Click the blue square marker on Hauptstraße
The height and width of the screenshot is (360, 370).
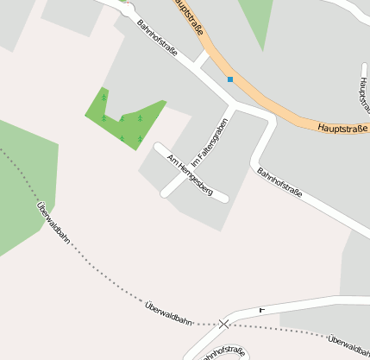point(230,79)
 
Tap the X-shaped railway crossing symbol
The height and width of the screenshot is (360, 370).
point(224,324)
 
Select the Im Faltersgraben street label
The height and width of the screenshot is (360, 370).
point(210,141)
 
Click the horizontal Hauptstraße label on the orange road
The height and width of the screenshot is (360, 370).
point(342,129)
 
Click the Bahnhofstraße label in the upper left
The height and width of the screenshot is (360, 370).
point(157,38)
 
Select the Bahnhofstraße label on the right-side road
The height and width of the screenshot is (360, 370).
point(279,184)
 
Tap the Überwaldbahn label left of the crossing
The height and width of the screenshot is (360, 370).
point(168,313)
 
